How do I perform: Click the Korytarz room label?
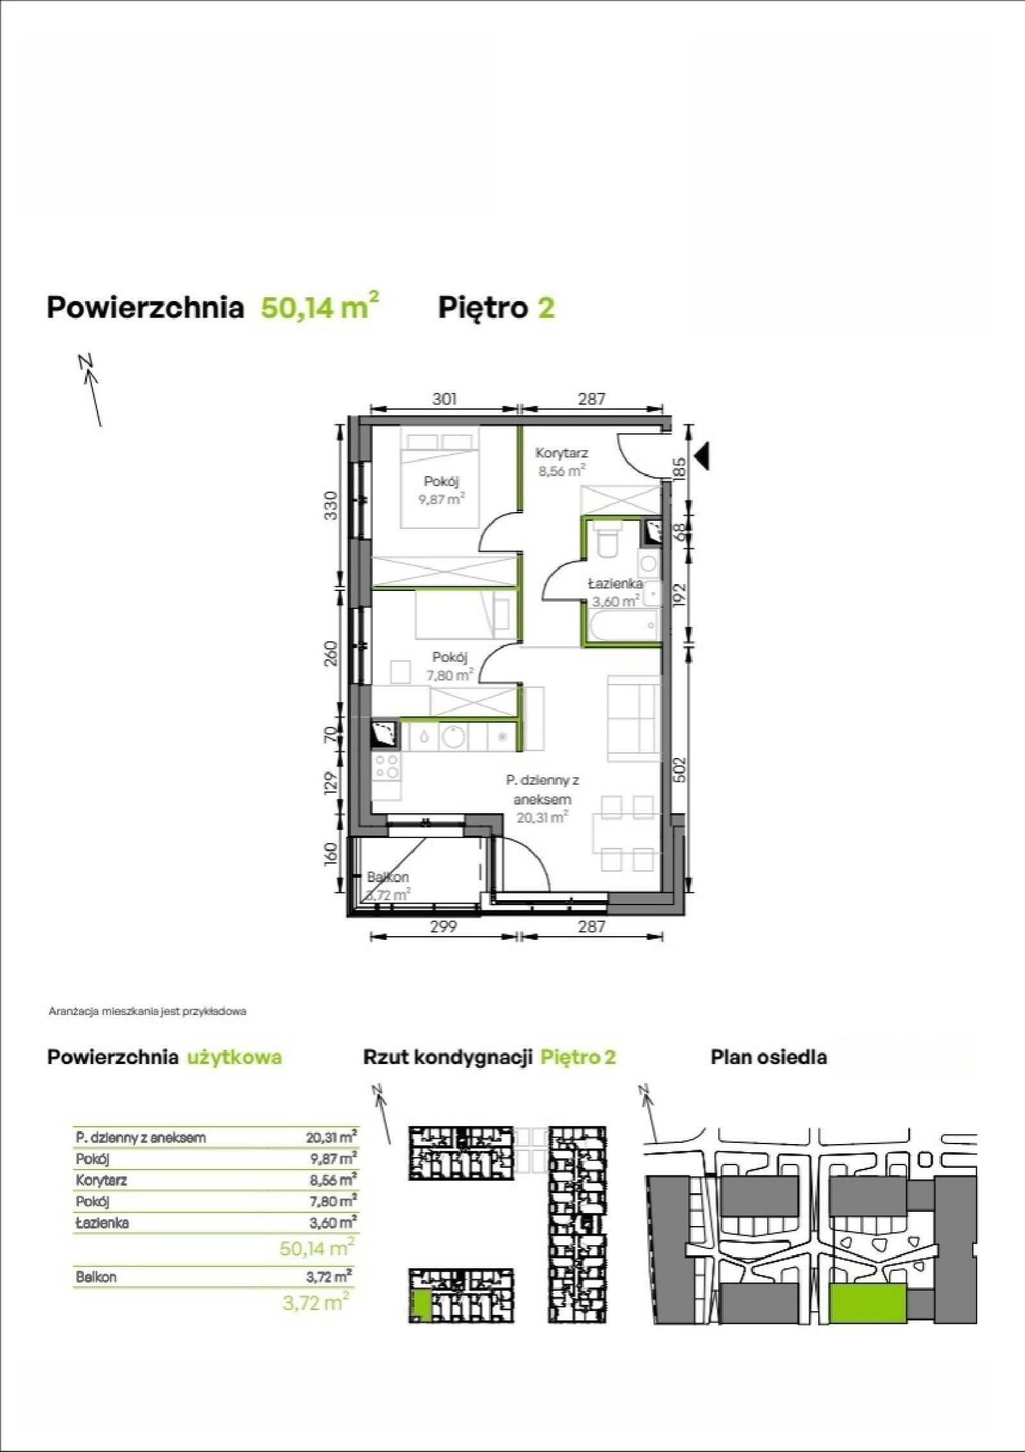(x=562, y=453)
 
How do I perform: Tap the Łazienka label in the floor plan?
(x=616, y=583)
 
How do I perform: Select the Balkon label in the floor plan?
(x=388, y=877)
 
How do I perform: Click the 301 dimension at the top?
(x=445, y=399)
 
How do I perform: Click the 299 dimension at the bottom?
(x=443, y=926)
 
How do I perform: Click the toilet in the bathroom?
(x=605, y=542)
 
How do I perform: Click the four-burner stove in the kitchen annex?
(x=386, y=767)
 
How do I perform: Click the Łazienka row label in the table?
(x=102, y=1222)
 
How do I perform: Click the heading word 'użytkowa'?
(x=234, y=1056)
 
